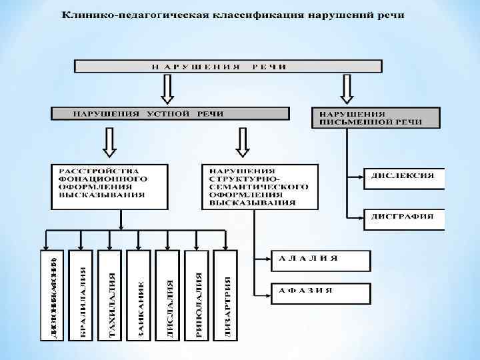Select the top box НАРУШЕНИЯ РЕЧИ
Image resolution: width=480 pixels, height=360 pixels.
[x=227, y=67]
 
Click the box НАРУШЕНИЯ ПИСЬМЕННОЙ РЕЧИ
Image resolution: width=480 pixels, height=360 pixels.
[x=375, y=117]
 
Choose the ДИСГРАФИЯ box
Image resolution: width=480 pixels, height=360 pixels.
[x=403, y=217]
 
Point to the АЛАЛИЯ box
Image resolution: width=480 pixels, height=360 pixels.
[x=320, y=259]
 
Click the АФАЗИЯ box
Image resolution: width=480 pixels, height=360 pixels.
[x=320, y=291]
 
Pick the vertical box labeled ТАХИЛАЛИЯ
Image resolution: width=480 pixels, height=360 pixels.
[x=111, y=295]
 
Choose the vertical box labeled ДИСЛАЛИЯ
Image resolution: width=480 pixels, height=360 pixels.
[x=169, y=295]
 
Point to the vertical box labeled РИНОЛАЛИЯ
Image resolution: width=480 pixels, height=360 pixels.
[x=198, y=295]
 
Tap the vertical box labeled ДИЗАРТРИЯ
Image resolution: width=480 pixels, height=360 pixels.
[x=227, y=295]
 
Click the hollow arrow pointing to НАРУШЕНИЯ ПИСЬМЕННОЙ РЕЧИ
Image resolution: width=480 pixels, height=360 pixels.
[x=347, y=88]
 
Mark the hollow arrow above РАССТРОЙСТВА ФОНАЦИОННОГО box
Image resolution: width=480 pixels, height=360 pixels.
[x=109, y=142]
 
